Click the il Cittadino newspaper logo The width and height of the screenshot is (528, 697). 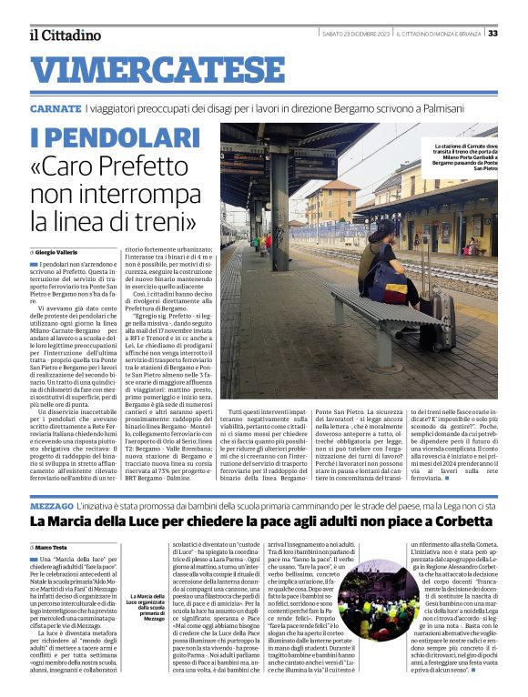(65, 35)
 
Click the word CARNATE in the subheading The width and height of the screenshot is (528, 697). (55, 108)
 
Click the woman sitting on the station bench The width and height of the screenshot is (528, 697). (385, 264)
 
